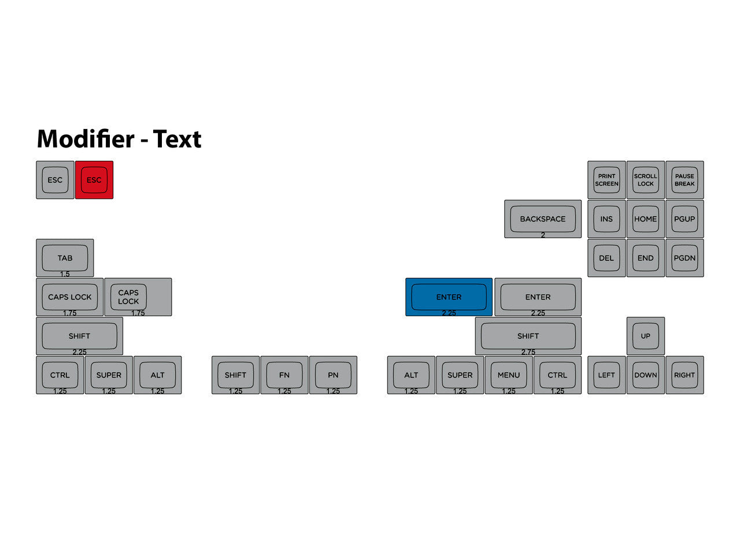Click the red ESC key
pyautogui.click(x=94, y=180)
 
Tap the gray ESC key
pyautogui.click(x=55, y=180)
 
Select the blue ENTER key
pyautogui.click(x=449, y=297)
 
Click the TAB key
pyautogui.click(x=65, y=258)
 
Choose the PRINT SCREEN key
pyautogui.click(x=606, y=180)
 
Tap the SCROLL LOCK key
pyautogui.click(x=646, y=180)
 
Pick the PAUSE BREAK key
pyautogui.click(x=684, y=180)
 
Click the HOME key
pyautogui.click(x=646, y=219)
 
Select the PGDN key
pyautogui.click(x=684, y=258)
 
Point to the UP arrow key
pyautogui.click(x=646, y=336)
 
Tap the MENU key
pyautogui.click(x=509, y=375)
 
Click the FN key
pyautogui.click(x=284, y=375)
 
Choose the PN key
pyautogui.click(x=333, y=375)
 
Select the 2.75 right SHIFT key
pyautogui.click(x=528, y=336)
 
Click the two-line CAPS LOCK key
pyautogui.click(x=138, y=297)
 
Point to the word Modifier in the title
pyautogui.click(x=86, y=139)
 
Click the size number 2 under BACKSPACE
pyautogui.click(x=543, y=235)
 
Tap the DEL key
pyautogui.click(x=606, y=258)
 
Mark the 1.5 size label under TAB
pyautogui.click(x=65, y=274)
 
